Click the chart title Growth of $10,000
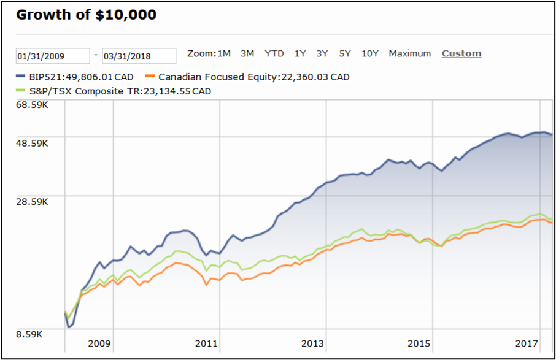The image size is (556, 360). click(x=86, y=15)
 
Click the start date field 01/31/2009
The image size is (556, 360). click(x=53, y=56)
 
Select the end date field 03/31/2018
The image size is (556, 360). click(x=139, y=56)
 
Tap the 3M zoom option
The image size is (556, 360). click(x=247, y=53)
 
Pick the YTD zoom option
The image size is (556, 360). click(x=274, y=53)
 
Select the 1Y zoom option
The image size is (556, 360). click(x=300, y=53)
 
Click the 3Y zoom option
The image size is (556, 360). click(x=322, y=53)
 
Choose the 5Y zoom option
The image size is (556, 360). click(x=345, y=53)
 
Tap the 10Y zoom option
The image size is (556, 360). click(x=370, y=53)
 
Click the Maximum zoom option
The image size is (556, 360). click(x=410, y=53)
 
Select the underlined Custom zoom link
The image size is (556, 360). click(x=461, y=53)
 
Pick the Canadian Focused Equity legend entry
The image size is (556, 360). click(x=250, y=77)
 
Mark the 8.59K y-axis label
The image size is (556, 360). click(x=29, y=334)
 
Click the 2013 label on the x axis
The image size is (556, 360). click(x=312, y=343)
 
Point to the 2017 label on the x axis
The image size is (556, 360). click(x=526, y=343)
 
